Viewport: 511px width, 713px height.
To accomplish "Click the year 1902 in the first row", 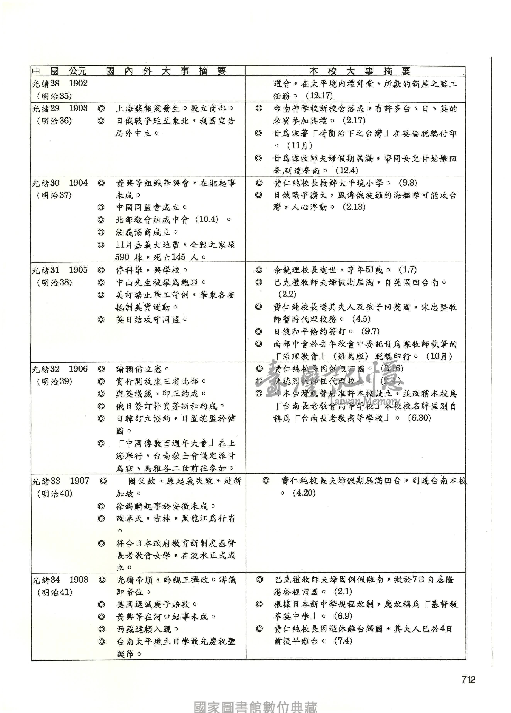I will click(x=78, y=84).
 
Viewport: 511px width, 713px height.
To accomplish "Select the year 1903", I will click(x=78, y=108).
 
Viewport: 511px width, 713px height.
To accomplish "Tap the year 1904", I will click(x=78, y=183).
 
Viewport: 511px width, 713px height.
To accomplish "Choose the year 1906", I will click(x=78, y=369).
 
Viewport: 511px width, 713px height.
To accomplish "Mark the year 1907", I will click(x=79, y=481).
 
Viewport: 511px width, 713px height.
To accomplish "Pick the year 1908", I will click(x=79, y=580).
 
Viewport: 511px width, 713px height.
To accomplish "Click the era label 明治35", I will click(x=54, y=96).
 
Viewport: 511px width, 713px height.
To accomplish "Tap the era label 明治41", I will click(x=55, y=592).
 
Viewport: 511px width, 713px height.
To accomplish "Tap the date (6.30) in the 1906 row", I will click(x=419, y=418).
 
